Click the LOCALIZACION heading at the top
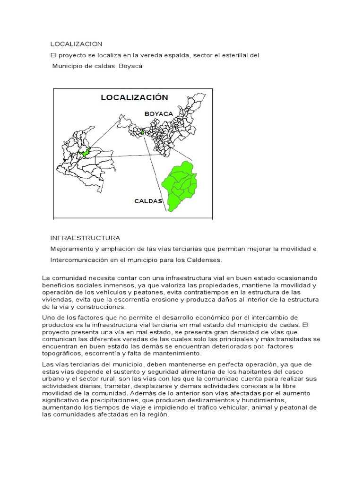pyautogui.click(x=76, y=44)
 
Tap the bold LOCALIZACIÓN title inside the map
pyautogui.click(x=134, y=97)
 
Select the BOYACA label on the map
pyautogui.click(x=159, y=113)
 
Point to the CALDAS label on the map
pyautogui.click(x=148, y=201)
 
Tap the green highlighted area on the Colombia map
pyautogui.click(x=86, y=153)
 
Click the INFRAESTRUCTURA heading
pyautogui.click(x=85, y=238)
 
